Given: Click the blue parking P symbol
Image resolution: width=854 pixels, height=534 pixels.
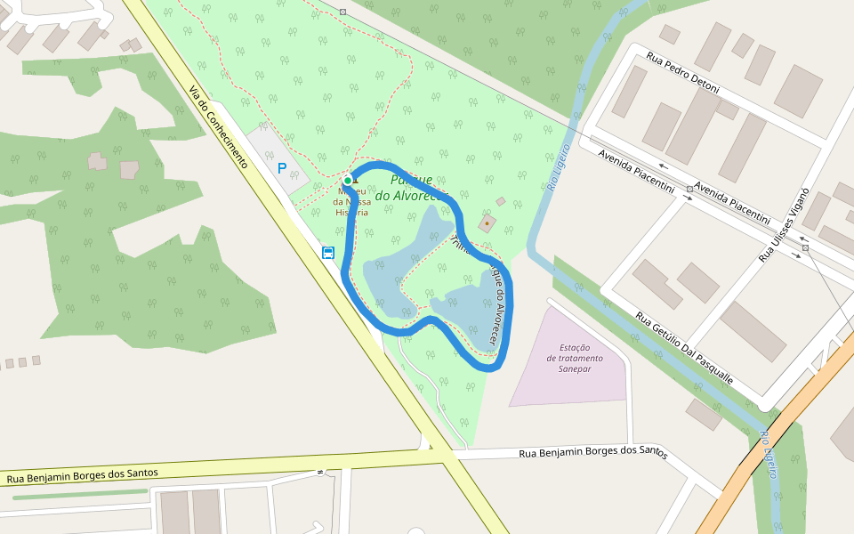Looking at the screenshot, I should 282,167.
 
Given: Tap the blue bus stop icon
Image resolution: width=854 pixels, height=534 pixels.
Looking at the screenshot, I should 328,253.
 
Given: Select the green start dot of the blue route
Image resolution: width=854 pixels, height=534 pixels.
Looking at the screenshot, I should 348,181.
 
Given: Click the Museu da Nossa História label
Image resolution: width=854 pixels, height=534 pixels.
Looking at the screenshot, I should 350,201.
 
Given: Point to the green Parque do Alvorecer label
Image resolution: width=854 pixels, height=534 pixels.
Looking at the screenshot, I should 410,188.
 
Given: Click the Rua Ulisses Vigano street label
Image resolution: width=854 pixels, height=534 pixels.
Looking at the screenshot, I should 783,224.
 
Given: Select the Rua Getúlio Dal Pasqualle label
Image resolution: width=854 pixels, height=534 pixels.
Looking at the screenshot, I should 685,346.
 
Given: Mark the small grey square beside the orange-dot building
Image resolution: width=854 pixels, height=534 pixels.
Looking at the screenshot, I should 501,202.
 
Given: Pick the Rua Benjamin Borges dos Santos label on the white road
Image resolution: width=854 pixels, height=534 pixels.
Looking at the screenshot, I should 592,453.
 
